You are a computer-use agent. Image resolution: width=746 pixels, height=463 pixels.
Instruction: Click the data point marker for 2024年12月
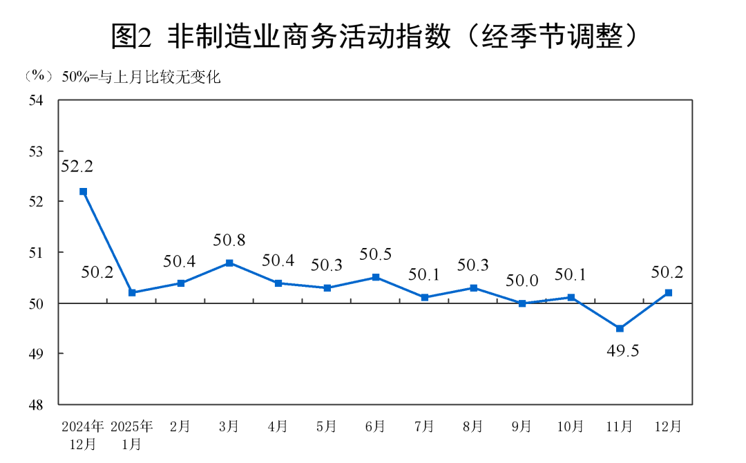pyautogui.click(x=83, y=191)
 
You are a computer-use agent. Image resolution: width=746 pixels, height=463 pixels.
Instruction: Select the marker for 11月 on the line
pyautogui.click(x=620, y=328)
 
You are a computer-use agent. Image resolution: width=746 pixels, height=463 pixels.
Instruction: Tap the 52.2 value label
pyautogui.click(x=77, y=167)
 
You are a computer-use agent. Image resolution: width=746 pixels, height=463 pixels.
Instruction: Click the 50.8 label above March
pyautogui.click(x=229, y=240)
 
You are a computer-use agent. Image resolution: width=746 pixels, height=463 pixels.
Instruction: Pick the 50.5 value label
pyautogui.click(x=376, y=255)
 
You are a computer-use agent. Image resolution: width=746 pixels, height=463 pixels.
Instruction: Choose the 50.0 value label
pyautogui.click(x=522, y=281)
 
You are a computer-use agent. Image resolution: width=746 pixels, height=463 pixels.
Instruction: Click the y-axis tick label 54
pyautogui.click(x=35, y=101)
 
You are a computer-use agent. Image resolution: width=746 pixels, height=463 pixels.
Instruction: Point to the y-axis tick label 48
pyautogui.click(x=35, y=404)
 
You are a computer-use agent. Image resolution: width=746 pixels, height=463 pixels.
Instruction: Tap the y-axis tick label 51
pyautogui.click(x=35, y=253)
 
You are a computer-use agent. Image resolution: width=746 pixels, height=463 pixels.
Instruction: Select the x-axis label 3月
pyautogui.click(x=229, y=427)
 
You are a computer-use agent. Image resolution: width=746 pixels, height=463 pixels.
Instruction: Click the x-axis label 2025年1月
pyautogui.click(x=131, y=435)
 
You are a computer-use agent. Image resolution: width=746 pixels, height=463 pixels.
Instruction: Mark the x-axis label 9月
pyautogui.click(x=522, y=427)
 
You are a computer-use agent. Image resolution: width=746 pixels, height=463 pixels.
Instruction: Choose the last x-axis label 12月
pyautogui.click(x=668, y=427)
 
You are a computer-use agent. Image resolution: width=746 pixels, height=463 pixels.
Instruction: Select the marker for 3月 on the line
pyautogui.click(x=229, y=263)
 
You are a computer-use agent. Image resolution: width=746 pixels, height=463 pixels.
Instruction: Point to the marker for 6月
pyautogui.click(x=376, y=277)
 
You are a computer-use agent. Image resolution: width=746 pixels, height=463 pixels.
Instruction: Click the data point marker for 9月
pyautogui.click(x=522, y=303)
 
